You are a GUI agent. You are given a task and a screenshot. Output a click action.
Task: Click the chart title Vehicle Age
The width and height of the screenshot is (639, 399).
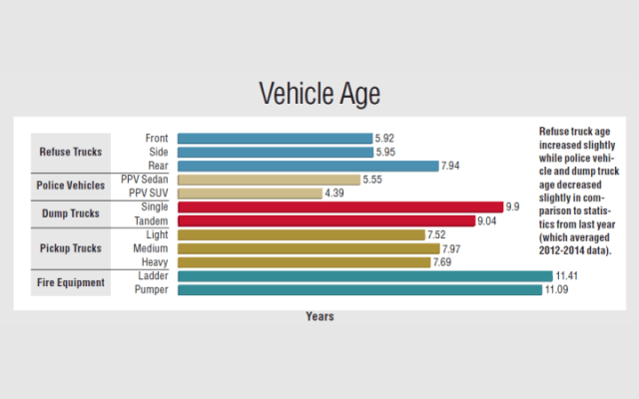click(319, 95)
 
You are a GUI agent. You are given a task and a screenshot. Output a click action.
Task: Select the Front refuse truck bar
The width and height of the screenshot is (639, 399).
click(276, 138)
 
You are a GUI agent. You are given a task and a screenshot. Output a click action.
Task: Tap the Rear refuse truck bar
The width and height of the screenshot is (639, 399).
click(309, 166)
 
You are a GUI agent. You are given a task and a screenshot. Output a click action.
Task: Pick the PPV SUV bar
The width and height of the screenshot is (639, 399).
click(250, 193)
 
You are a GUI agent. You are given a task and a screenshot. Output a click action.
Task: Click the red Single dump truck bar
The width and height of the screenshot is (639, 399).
click(340, 206)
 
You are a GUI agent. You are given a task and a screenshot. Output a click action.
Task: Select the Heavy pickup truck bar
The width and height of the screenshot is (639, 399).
click(304, 261)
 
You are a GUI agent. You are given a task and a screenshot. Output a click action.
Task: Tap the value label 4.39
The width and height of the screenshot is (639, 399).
click(335, 193)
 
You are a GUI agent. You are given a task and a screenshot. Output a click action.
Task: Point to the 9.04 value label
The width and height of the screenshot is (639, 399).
click(489, 220)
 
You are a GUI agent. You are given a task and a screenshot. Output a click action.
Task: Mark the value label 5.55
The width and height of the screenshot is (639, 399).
click(373, 180)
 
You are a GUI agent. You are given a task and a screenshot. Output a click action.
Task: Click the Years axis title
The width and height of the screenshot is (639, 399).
click(319, 316)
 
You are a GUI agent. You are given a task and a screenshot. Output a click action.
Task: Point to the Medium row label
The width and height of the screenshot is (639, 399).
click(153, 248)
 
